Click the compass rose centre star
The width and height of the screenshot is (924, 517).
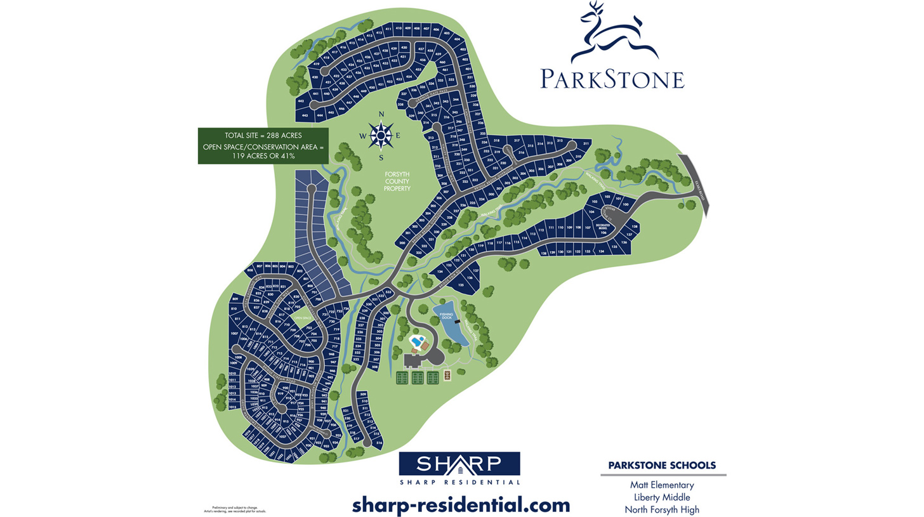click(381, 134)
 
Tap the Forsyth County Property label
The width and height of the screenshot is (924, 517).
click(397, 181)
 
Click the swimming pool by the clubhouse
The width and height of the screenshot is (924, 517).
click(416, 342)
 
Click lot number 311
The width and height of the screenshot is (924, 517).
click(586, 144)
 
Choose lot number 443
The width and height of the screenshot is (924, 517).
click(305, 115)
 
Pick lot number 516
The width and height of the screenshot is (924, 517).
click(379, 442)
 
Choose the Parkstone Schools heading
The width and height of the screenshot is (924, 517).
click(662, 465)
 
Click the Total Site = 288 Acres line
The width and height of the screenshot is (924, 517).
click(263, 136)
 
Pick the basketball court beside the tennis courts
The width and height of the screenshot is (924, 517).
click(447, 376)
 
